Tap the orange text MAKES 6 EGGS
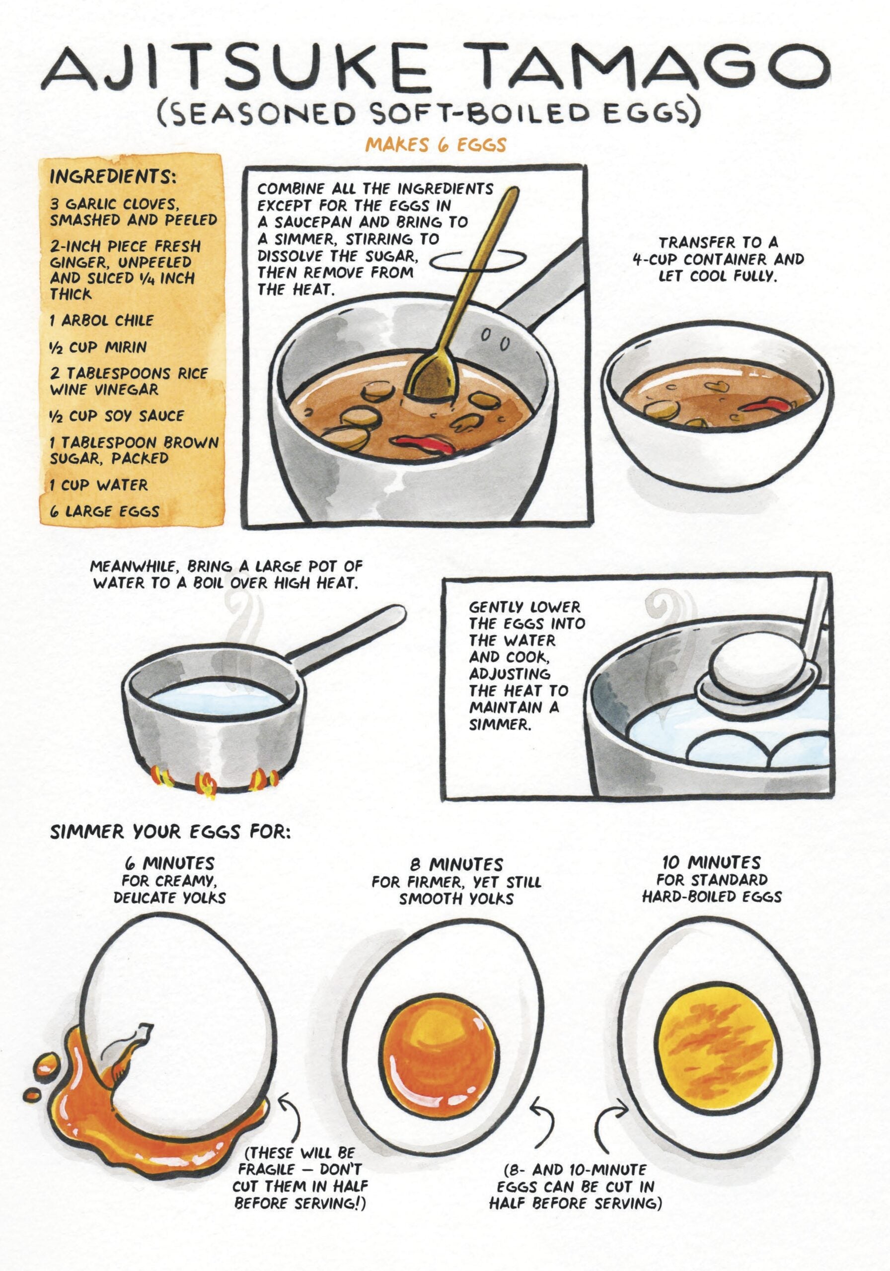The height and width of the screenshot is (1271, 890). (436, 145)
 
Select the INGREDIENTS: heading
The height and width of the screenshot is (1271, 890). (113, 177)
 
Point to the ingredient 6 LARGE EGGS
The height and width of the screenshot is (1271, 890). (104, 511)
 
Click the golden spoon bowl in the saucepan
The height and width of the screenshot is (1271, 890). (432, 377)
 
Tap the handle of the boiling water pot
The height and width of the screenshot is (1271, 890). (346, 632)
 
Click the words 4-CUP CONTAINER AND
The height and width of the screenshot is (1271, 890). (718, 259)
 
